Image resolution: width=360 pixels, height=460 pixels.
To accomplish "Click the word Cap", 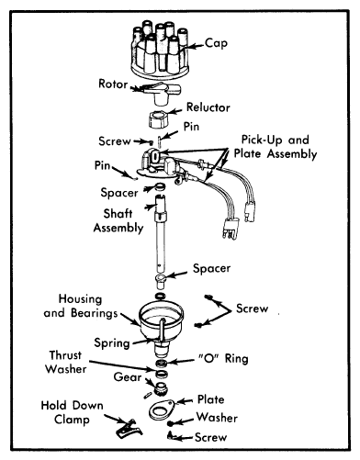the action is point(216,43).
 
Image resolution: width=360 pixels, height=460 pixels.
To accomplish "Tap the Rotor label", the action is point(113,84).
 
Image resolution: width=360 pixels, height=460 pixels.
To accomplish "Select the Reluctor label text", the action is point(208,107).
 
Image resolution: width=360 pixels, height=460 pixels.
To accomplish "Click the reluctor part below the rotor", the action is point(159,119).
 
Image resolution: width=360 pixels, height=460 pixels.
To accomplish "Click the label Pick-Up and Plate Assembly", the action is point(276,147).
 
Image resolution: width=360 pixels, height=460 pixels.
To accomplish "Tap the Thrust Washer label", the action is point(66,362).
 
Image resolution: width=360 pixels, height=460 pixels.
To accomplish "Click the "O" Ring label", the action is point(223,358).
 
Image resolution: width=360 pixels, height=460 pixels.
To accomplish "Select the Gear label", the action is point(128,377).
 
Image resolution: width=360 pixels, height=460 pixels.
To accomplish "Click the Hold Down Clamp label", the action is point(73,412).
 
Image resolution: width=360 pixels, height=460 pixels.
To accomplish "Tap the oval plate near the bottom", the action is point(163,410).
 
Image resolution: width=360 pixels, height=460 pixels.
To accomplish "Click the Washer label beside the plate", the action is point(217,418).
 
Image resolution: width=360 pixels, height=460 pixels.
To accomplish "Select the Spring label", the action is point(112,343).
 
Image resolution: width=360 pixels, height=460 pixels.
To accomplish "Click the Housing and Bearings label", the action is point(81,306).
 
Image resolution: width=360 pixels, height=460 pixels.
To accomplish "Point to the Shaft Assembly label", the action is point(118,220).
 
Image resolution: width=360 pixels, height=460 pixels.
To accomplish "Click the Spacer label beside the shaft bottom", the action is point(211,268).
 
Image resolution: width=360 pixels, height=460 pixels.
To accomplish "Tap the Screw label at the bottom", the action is point(210,437).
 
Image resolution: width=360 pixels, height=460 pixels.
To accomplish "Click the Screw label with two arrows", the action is point(252,309).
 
